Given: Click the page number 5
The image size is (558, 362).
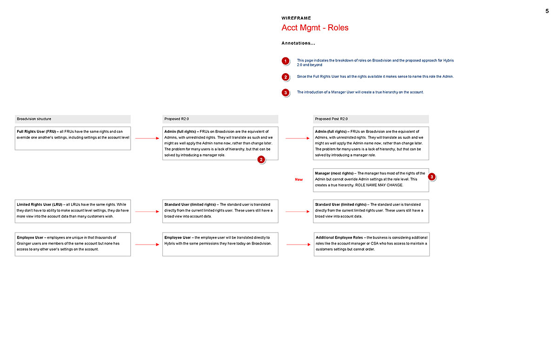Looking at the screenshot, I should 547,11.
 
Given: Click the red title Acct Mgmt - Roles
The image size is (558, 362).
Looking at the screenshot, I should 315,27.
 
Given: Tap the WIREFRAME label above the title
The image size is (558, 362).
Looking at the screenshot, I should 296,18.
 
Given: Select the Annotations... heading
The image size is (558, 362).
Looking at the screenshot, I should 298,43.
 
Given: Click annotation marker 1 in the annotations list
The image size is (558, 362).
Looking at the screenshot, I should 286,61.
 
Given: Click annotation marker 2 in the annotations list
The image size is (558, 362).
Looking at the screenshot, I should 286,77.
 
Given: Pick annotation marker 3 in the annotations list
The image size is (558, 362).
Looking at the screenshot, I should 286,93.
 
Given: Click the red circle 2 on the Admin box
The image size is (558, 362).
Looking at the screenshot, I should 261,160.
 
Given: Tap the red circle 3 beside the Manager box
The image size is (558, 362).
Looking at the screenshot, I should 432,177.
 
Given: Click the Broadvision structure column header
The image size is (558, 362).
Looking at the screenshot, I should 34,119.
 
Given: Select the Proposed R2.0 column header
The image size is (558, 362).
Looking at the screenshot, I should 176,119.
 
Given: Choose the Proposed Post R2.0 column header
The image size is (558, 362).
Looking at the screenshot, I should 331,119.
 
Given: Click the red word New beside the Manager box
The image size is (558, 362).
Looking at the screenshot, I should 299,179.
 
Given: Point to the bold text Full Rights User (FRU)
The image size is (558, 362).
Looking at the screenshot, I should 37,131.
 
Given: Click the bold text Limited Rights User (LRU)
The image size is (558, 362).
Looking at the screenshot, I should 39,204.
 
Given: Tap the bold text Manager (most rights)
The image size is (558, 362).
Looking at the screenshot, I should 333,173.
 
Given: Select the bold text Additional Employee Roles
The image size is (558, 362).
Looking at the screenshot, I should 339,238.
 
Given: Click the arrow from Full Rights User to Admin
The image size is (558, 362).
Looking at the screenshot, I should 146,138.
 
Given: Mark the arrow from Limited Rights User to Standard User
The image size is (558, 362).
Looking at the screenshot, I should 146,212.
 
